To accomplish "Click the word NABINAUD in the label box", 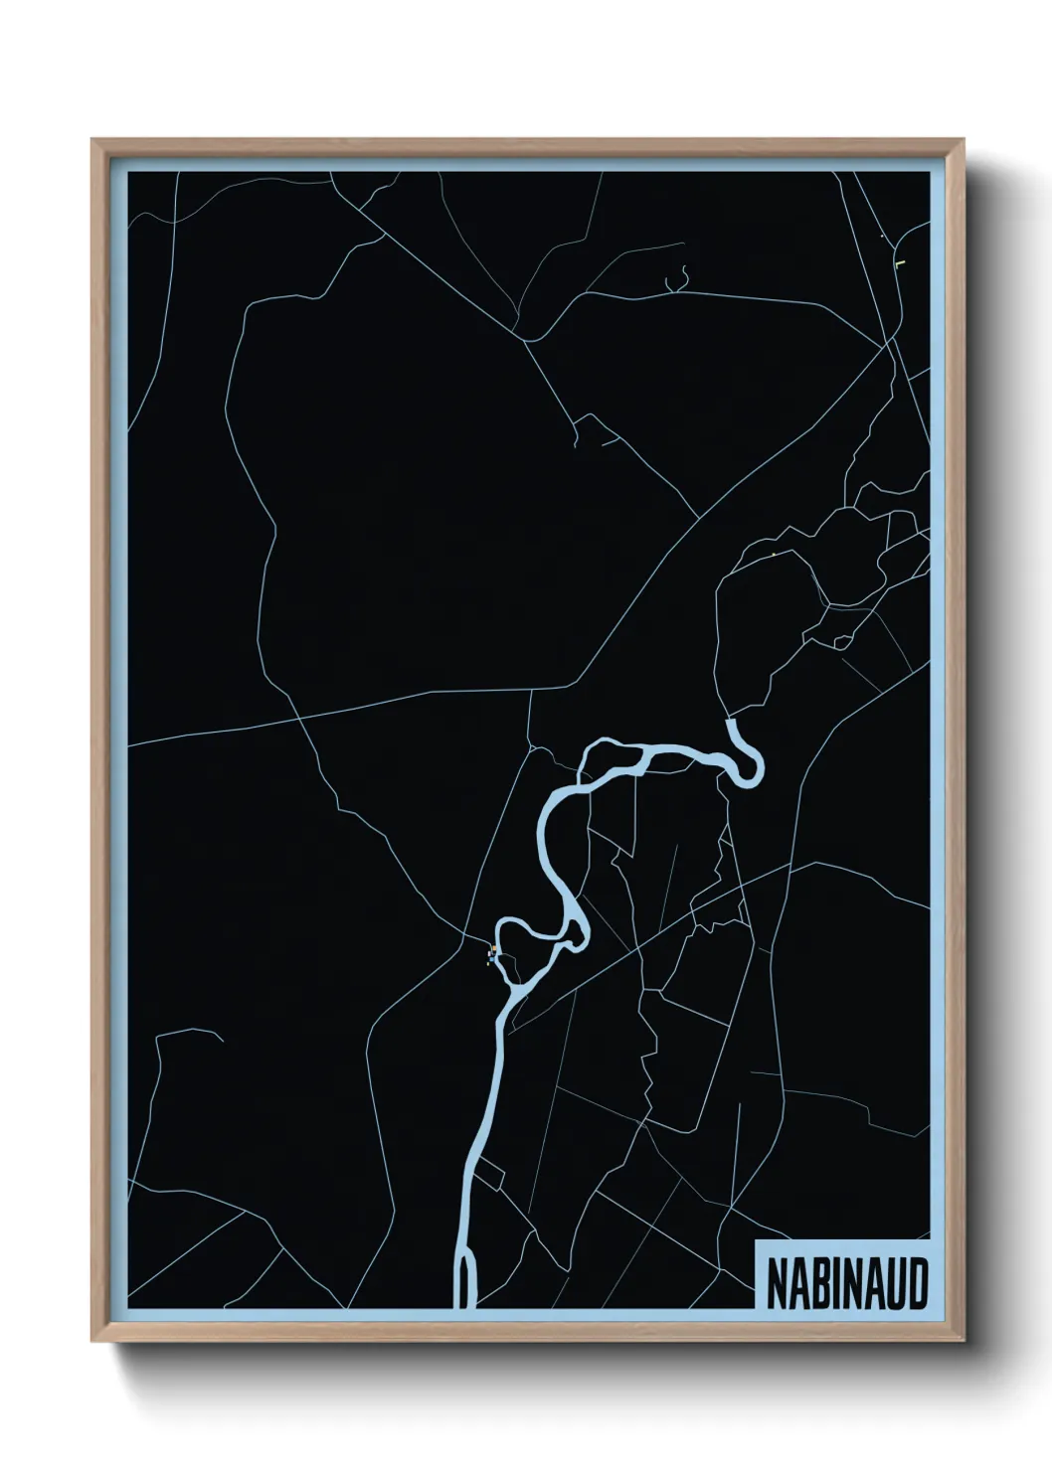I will (846, 1284).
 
